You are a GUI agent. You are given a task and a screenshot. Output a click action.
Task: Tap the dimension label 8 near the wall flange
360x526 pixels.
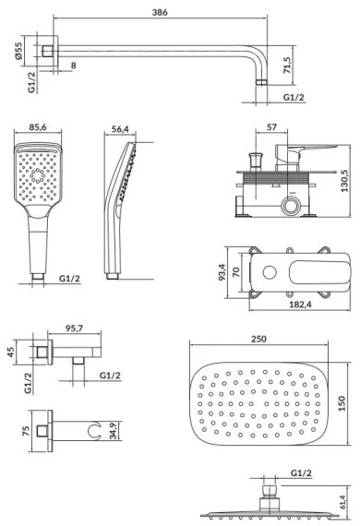[x=71, y=66]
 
